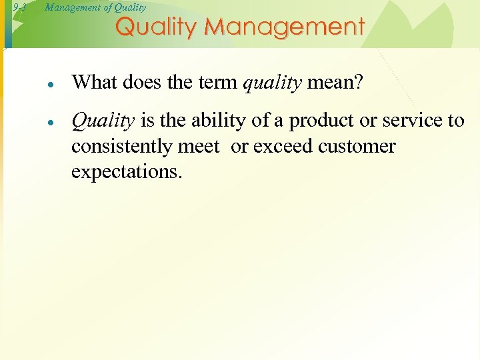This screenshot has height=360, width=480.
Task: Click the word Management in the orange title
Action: [285, 27]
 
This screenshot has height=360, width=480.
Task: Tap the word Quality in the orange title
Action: [157, 27]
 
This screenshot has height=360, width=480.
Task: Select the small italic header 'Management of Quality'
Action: [95, 8]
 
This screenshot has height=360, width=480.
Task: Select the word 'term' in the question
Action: [217, 82]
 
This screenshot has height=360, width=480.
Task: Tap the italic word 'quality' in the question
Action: [272, 83]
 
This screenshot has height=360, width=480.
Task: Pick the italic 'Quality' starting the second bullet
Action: [103, 121]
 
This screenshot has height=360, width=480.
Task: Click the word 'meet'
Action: [199, 146]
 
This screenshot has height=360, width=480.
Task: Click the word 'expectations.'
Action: [126, 171]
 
